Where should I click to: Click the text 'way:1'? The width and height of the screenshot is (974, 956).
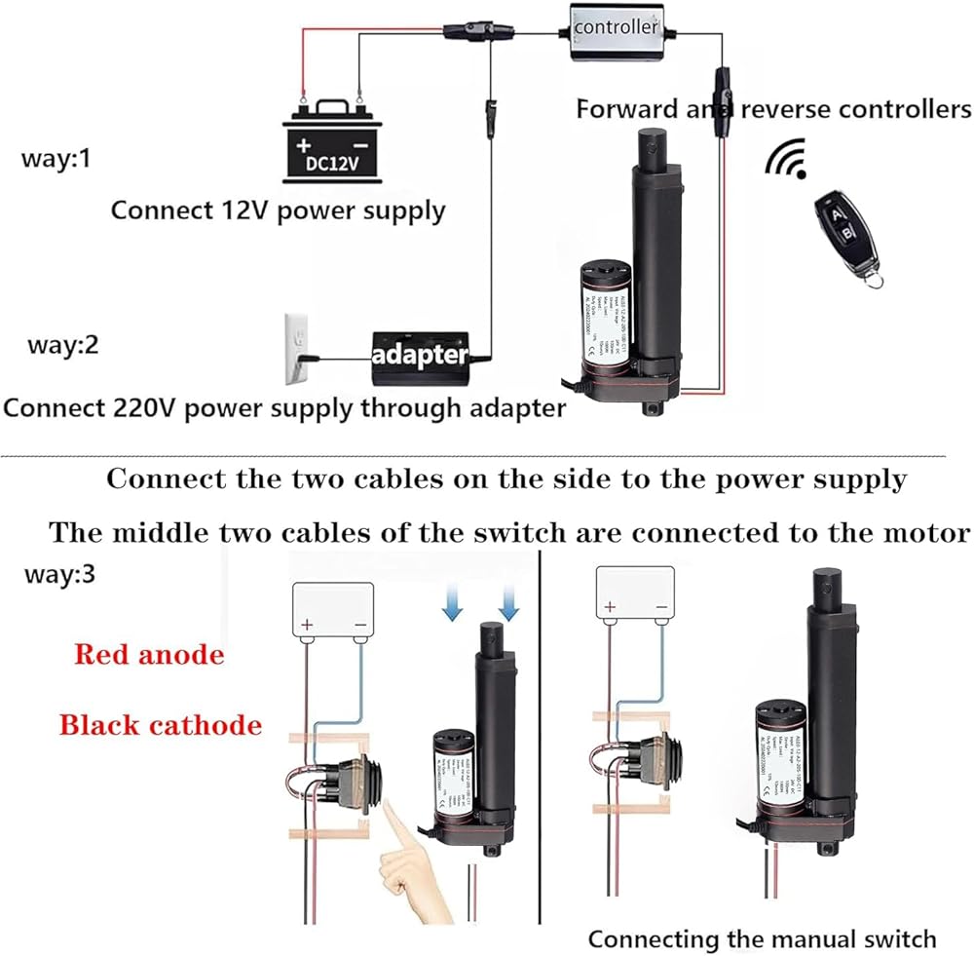[56, 158]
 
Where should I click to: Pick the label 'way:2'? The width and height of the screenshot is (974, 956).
[63, 346]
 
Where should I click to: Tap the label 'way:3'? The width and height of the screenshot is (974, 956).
[59, 573]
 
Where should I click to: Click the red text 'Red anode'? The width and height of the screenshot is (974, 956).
[149, 654]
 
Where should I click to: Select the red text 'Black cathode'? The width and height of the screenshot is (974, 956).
[161, 724]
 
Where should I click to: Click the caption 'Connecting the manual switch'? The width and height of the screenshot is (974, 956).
[762, 938]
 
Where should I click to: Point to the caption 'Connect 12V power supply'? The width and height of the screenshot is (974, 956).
[278, 210]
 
